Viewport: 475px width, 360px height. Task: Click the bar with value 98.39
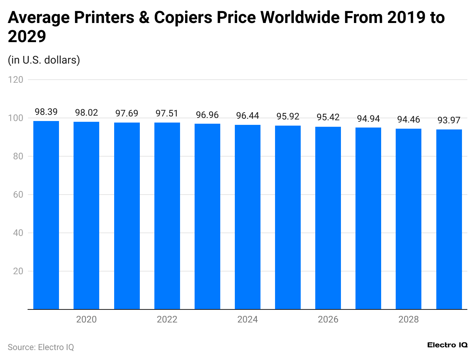(46, 215)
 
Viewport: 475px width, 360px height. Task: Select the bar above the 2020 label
(87, 215)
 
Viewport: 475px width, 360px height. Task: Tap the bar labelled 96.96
(207, 216)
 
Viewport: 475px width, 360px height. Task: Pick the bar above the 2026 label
(328, 218)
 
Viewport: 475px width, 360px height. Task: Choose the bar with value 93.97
(449, 219)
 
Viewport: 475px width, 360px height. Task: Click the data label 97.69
(127, 113)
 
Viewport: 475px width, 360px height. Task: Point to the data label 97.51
(167, 114)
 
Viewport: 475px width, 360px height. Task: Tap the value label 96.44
(247, 116)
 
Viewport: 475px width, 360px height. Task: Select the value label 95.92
(288, 116)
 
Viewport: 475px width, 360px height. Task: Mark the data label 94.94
(368, 119)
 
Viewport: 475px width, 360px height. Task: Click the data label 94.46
(408, 119)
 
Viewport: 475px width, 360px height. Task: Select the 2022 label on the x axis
(167, 319)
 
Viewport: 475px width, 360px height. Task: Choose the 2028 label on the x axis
(408, 319)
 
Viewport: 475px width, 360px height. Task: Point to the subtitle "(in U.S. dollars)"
(44, 60)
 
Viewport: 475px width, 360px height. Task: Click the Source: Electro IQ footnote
(41, 347)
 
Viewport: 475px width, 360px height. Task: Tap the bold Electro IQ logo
(447, 345)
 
